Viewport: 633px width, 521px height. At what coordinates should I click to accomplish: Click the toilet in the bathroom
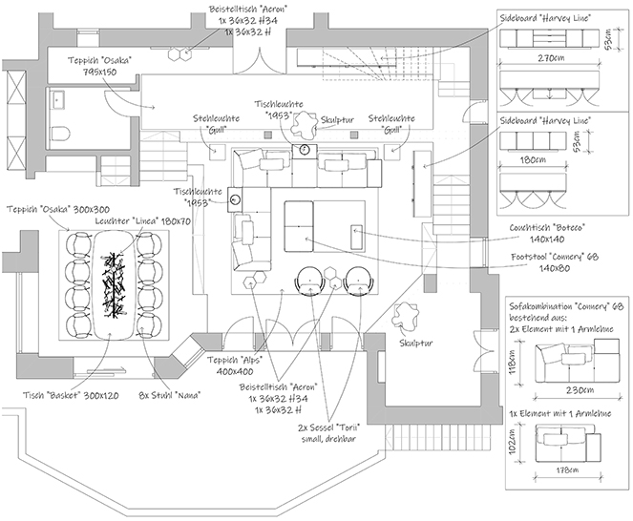tap(60, 133)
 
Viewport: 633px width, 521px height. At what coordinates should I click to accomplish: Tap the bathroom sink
tap(57, 99)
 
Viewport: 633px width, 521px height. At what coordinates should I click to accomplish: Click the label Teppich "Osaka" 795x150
tap(99, 66)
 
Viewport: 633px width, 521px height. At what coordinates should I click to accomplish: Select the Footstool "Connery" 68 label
tap(555, 262)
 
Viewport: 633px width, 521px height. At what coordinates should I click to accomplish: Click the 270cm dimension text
tap(551, 57)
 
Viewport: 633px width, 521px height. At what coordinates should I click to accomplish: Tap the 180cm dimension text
tap(533, 159)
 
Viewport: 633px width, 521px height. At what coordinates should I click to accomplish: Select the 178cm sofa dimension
tap(566, 470)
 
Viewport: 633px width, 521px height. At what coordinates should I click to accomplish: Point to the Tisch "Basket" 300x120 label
tap(71, 395)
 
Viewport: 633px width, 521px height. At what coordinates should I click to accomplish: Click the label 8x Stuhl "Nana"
tap(169, 395)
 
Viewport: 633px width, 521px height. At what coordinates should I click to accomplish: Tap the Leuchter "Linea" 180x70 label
tap(143, 221)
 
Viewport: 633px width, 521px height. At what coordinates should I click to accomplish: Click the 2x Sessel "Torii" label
tap(329, 433)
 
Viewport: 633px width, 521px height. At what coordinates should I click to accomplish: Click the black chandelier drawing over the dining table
tap(114, 282)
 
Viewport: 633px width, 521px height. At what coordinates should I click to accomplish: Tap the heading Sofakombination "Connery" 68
tap(566, 306)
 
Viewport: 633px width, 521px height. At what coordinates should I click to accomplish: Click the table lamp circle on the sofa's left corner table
tap(236, 199)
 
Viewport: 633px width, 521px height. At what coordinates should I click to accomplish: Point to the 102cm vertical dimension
tap(513, 443)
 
